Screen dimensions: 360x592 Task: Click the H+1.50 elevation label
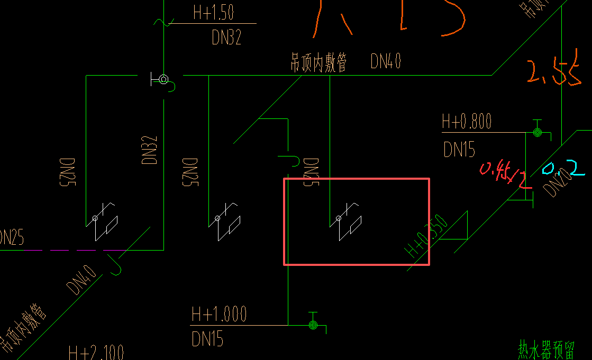[213, 13]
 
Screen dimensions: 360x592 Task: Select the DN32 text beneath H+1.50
[226, 37]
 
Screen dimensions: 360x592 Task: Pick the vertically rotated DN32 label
[150, 150]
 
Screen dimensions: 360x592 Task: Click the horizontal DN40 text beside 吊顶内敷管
[386, 62]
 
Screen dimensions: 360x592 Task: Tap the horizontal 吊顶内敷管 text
[319, 62]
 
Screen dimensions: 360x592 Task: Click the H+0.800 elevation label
[467, 122]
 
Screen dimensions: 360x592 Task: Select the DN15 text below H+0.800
[459, 150]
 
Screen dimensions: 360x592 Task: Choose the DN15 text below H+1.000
[207, 338]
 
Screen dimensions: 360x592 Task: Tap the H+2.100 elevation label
[96, 353]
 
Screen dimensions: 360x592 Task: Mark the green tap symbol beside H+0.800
[538, 132]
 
